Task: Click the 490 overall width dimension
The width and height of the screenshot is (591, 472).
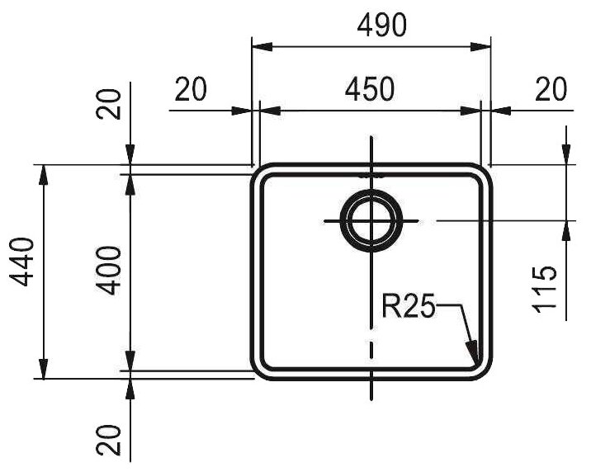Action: [382, 25]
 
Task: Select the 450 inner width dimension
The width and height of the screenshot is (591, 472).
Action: [370, 89]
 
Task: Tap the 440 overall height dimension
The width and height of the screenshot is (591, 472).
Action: [21, 262]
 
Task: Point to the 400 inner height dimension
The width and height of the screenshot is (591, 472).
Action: [109, 270]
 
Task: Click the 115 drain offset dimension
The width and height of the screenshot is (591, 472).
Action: [544, 290]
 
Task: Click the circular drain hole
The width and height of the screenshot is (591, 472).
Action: [371, 221]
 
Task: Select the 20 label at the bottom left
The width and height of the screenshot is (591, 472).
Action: [109, 440]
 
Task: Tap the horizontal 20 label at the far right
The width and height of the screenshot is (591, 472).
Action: [551, 89]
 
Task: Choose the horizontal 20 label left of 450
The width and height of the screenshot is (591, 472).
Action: [191, 89]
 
